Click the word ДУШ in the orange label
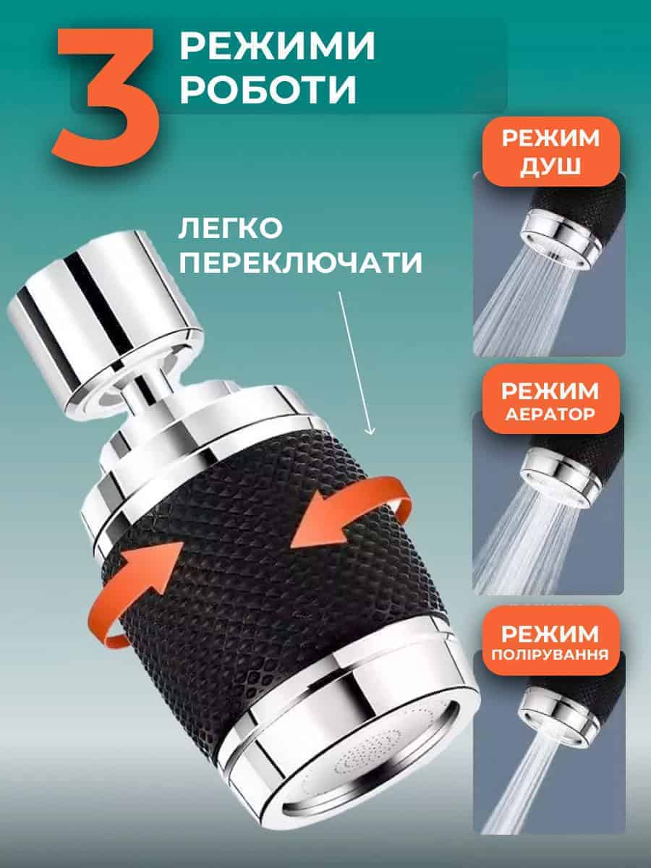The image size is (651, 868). pyautogui.click(x=550, y=166)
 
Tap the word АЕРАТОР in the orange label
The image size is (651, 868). pyautogui.click(x=550, y=414)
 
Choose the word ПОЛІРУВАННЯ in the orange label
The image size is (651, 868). pyautogui.click(x=550, y=655)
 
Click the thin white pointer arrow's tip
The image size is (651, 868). pyautogui.click(x=371, y=435)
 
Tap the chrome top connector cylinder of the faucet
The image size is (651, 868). pyautogui.click(x=105, y=320)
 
